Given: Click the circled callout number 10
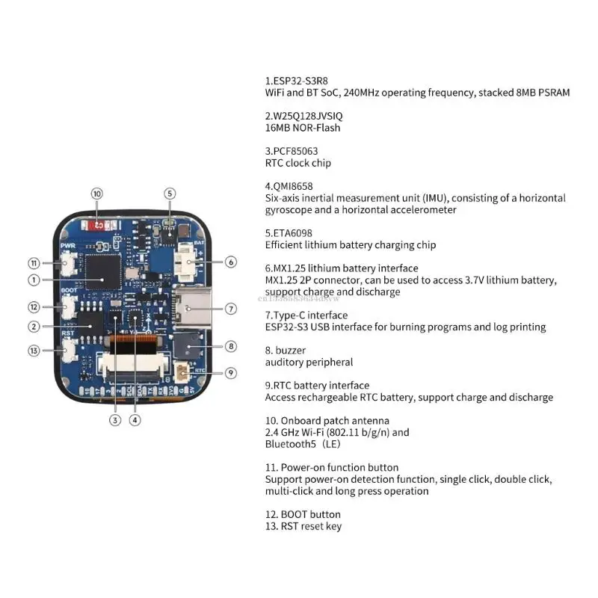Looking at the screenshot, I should (x=97, y=194).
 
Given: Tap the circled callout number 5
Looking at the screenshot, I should (x=170, y=194).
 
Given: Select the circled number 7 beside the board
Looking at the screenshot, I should (x=231, y=308).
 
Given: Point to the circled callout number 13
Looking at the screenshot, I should (x=34, y=351).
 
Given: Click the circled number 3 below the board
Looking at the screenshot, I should (x=115, y=420).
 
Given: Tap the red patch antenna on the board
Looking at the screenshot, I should (x=97, y=224).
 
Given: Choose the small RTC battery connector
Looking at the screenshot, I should (x=181, y=372).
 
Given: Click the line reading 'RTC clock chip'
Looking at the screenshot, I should (x=298, y=163).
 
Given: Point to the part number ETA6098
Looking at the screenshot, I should (x=293, y=233).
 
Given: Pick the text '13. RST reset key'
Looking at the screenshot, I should (x=303, y=526).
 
